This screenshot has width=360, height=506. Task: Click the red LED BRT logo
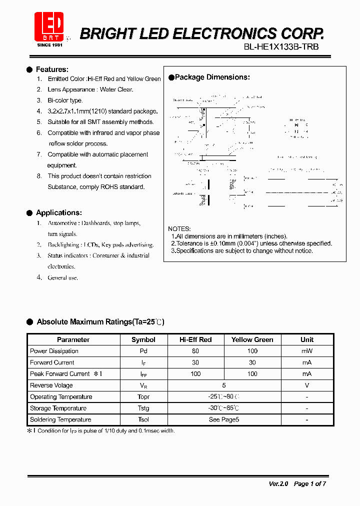pyautogui.click(x=48, y=26)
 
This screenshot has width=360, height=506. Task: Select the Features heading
pyautogui.click(x=52, y=69)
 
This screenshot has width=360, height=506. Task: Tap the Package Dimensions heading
pyautogui.click(x=212, y=77)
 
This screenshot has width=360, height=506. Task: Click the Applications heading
pyautogui.click(x=58, y=212)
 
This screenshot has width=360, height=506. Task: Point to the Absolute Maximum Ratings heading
pyautogui.click(x=100, y=322)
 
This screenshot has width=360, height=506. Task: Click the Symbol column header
pyautogui.click(x=143, y=339)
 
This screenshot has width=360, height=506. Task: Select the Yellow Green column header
pyautogui.click(x=252, y=339)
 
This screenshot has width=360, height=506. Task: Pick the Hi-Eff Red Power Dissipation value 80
pyautogui.click(x=195, y=351)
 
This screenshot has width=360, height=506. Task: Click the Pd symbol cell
pyautogui.click(x=143, y=351)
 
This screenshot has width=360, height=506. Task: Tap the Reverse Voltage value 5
pyautogui.click(x=223, y=385)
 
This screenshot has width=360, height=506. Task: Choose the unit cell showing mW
pyautogui.click(x=306, y=351)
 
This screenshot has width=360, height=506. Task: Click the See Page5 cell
pyautogui.click(x=223, y=419)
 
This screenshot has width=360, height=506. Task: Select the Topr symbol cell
pyautogui.click(x=143, y=397)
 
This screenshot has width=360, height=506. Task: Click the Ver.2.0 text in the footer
pyautogui.click(x=278, y=483)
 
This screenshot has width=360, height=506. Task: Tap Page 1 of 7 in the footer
pyautogui.click(x=309, y=483)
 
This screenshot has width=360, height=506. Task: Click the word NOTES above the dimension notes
pyautogui.click(x=179, y=229)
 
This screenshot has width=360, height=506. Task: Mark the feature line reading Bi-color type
pyautogui.click(x=65, y=100)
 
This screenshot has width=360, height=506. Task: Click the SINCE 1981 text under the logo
pyautogui.click(x=49, y=45)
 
